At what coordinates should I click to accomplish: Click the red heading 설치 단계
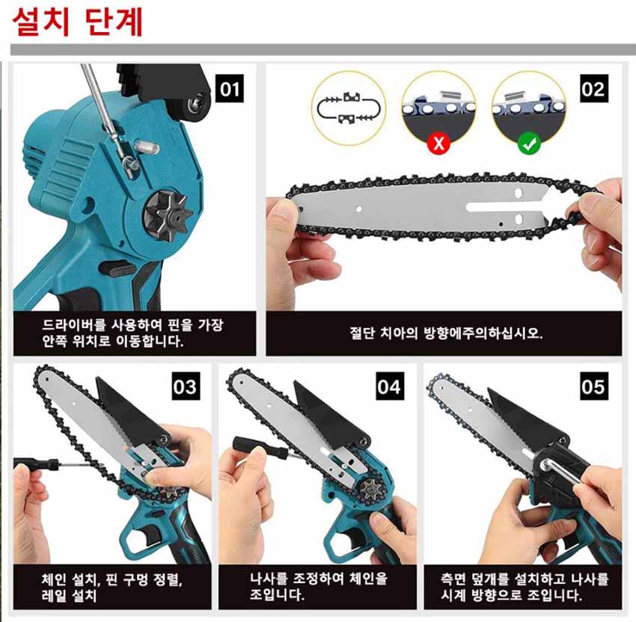click(78, 22)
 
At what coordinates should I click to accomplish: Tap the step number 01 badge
click(230, 88)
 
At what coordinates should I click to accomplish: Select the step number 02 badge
click(594, 88)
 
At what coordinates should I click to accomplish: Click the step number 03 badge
click(186, 387)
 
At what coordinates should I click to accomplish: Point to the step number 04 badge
click(390, 387)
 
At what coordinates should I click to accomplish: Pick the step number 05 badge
click(594, 387)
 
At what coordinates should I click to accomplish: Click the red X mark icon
click(438, 143)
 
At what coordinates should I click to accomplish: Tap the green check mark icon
click(528, 143)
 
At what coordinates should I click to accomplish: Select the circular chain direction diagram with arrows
click(349, 108)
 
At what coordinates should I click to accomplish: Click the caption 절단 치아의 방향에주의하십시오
click(446, 333)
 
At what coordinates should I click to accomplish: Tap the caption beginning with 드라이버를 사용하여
click(132, 333)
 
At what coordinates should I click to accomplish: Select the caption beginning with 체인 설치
click(112, 587)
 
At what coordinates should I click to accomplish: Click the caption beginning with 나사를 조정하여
click(319, 586)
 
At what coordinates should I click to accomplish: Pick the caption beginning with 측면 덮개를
click(525, 586)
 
